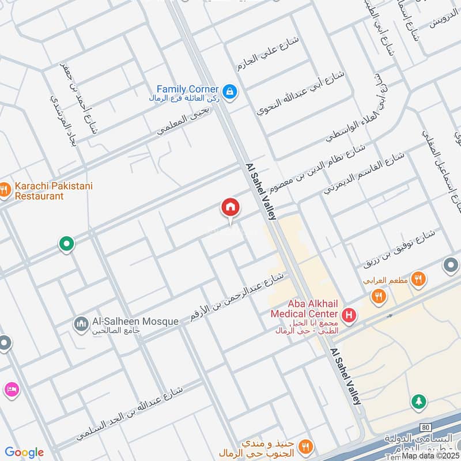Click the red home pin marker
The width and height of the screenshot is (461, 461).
point(231,208)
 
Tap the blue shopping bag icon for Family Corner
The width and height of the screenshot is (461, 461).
point(230,92)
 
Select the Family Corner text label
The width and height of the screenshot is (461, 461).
point(188,89)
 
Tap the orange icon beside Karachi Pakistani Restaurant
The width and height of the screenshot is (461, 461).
point(3,189)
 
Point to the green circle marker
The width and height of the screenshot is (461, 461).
point(67,244)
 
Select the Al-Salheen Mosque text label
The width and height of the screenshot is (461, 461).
point(135,322)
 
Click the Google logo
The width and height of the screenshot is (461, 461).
point(24,452)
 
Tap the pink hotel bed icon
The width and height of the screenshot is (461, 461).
point(12,390)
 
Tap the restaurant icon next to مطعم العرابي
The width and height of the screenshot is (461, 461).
point(418,278)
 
